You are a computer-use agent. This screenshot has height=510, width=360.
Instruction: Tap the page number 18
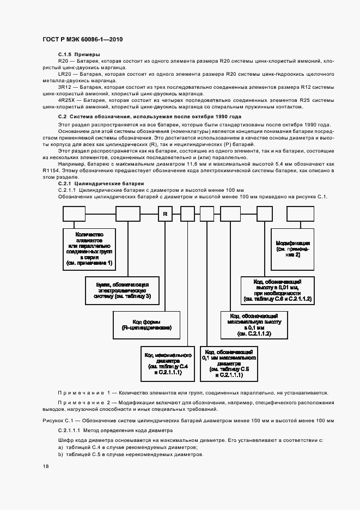45,467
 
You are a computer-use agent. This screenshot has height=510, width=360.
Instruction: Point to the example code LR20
64,73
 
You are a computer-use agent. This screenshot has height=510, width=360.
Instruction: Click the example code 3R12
64,87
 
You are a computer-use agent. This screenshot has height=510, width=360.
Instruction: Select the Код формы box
143,324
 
